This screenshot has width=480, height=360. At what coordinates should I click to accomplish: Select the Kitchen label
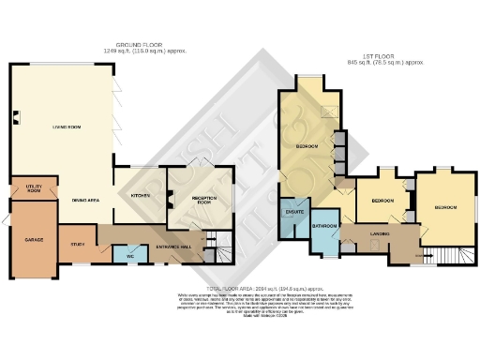point(141,196)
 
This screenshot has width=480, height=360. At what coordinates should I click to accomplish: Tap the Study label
point(77,246)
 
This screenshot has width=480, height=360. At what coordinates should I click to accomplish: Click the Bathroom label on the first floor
point(324,227)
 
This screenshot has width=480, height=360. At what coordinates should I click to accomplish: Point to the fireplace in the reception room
point(170,198)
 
